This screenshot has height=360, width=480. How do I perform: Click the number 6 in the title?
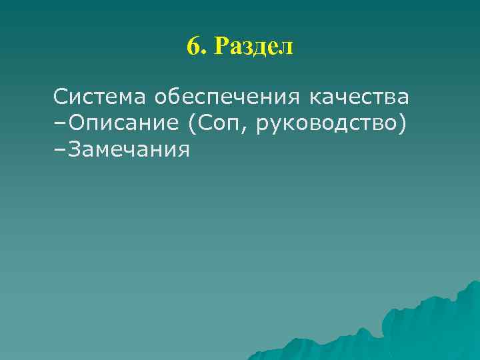pos(193,47)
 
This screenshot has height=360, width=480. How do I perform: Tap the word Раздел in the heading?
pos(255,47)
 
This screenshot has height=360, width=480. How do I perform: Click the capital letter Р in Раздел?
pos(222,47)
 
